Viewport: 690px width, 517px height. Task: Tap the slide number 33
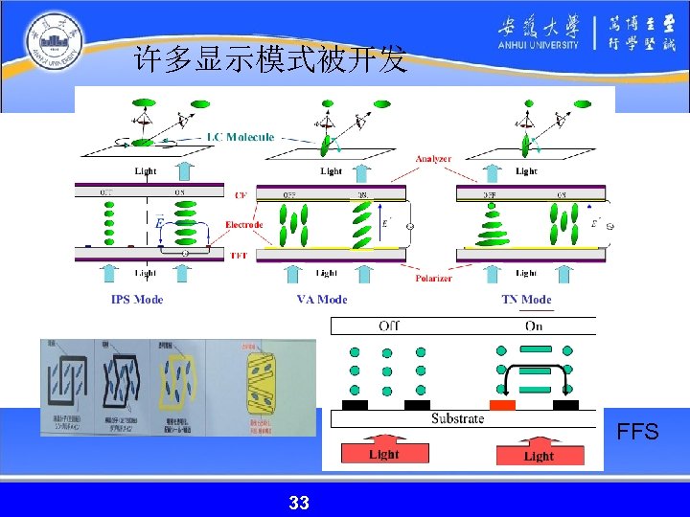pos(298,502)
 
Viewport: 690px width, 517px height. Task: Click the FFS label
pos(637,432)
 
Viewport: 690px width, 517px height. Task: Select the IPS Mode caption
pos(137,300)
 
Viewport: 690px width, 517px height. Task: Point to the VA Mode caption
pos(322,300)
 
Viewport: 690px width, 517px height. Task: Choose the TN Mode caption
pos(526,300)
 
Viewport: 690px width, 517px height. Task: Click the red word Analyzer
pos(434,158)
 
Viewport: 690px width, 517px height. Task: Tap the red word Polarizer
pos(434,278)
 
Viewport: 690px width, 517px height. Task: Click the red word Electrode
pos(244,226)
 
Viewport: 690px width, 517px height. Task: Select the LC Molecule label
pos(241,137)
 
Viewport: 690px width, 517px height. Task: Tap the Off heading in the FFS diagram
pos(389,326)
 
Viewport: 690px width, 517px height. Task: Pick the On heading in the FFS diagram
pos(534,326)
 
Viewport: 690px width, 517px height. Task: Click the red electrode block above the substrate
pos(502,405)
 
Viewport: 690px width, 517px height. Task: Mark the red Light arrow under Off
pos(383,451)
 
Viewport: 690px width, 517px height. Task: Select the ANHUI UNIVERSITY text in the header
pos(538,44)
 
